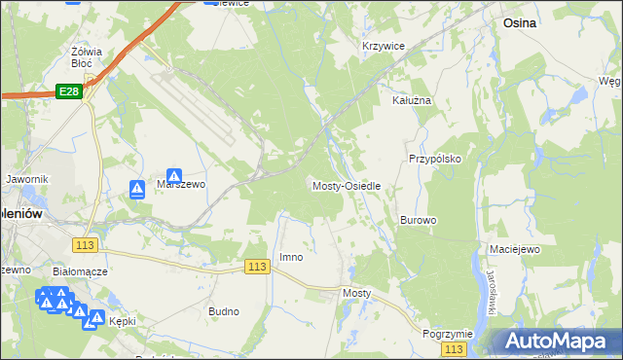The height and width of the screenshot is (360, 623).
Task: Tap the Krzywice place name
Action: (383, 46)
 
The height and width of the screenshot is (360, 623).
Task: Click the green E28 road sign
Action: (67, 90)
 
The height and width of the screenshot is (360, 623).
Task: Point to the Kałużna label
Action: (411, 100)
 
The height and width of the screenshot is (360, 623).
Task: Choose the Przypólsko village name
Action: (433, 158)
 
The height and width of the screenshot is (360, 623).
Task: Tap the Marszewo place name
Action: (181, 186)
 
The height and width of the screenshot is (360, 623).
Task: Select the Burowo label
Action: (418, 220)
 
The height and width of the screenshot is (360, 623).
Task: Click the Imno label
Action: (291, 257)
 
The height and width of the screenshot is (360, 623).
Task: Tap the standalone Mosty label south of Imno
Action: (357, 292)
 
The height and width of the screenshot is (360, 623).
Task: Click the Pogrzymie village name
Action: (448, 333)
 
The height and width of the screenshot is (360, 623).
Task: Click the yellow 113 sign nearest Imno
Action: (257, 267)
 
